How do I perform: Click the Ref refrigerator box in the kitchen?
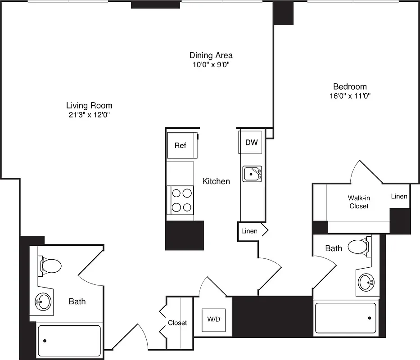pyautogui.click(x=181, y=145)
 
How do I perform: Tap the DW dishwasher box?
pyautogui.click(x=251, y=143)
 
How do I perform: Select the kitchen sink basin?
pyautogui.click(x=252, y=174)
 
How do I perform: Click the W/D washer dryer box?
pyautogui.click(x=214, y=320)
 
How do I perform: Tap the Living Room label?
pyautogui.click(x=89, y=105)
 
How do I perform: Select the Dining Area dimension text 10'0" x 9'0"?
pyautogui.click(x=211, y=64)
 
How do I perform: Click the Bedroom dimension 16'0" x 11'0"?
pyautogui.click(x=350, y=95)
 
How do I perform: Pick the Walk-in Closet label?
pyautogui.click(x=359, y=202)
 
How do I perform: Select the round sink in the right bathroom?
pyautogui.click(x=366, y=283)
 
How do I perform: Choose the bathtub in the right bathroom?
pyautogui.click(x=345, y=318)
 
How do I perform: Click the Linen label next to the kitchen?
pyautogui.click(x=249, y=231)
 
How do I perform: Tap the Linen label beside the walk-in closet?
pyautogui.click(x=399, y=196)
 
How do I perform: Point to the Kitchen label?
pyautogui.click(x=216, y=181)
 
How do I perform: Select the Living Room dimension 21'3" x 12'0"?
pyautogui.click(x=89, y=115)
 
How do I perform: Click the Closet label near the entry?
pyautogui.click(x=177, y=323)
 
